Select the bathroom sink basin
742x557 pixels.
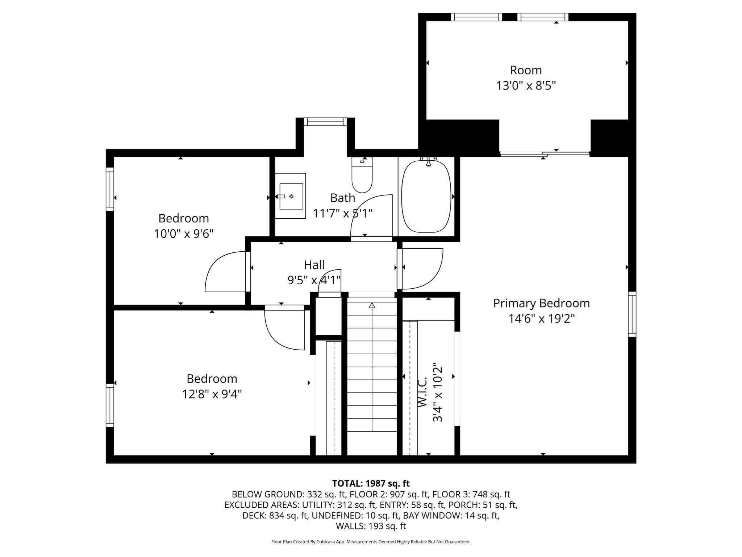(x=291, y=196)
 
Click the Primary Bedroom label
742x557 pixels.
(x=541, y=303)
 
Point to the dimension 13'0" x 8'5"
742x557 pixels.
(x=526, y=86)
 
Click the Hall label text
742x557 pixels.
(x=314, y=265)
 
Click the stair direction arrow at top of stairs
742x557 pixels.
(x=372, y=306)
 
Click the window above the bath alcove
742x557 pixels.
(x=325, y=122)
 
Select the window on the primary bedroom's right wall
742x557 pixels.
(x=632, y=314)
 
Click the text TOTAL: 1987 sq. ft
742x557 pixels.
(x=371, y=483)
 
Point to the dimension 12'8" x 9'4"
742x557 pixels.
(x=212, y=394)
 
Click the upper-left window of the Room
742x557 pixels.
(x=476, y=17)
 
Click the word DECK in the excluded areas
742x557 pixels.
(x=254, y=516)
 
